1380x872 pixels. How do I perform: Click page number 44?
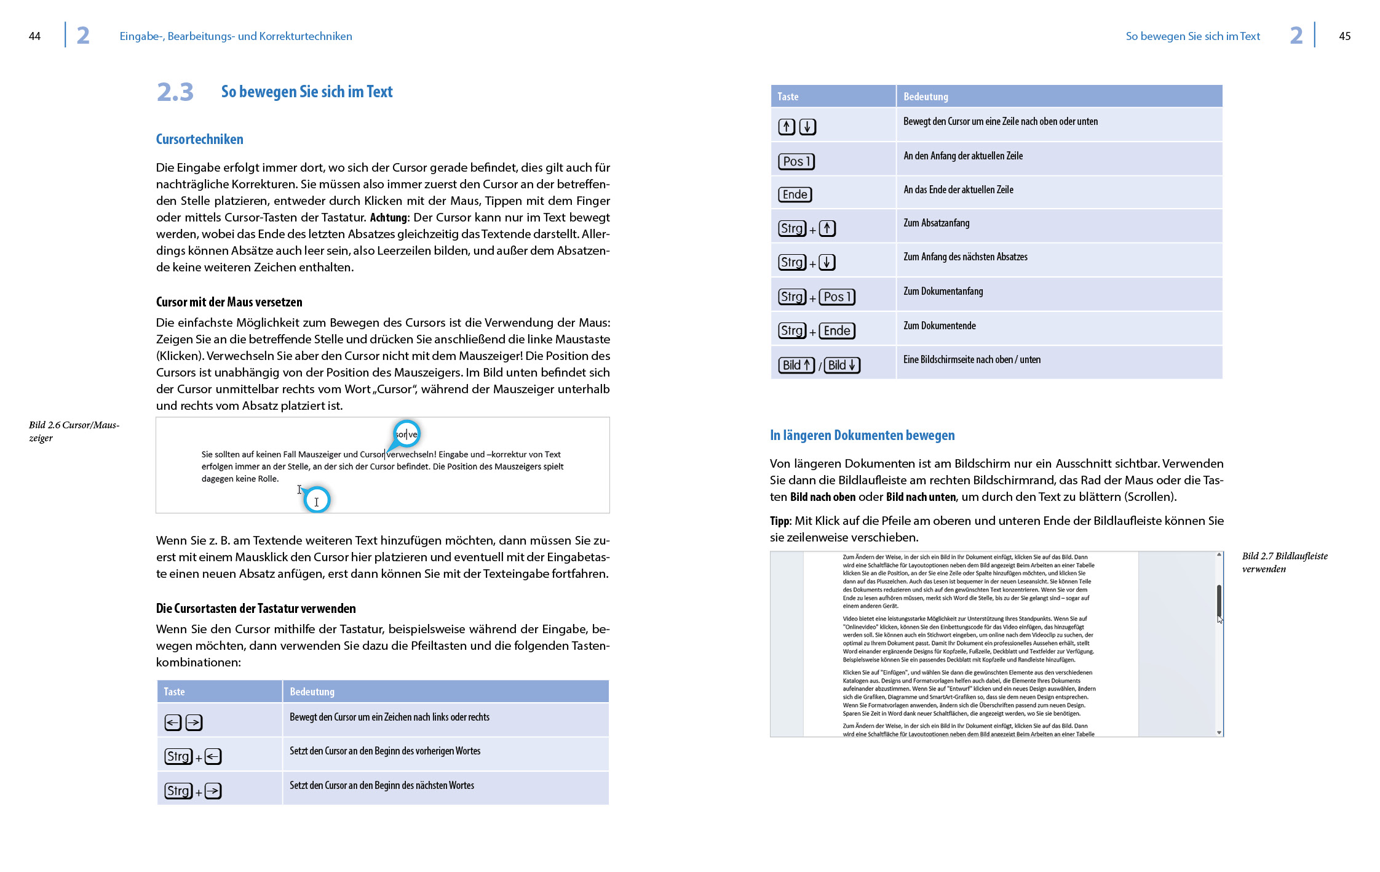point(34,36)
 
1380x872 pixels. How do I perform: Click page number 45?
point(1344,36)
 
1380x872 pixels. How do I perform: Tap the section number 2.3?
point(175,92)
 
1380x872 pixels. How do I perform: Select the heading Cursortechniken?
point(199,139)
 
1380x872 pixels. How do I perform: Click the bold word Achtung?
point(388,218)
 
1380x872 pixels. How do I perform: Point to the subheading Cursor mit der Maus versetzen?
point(229,302)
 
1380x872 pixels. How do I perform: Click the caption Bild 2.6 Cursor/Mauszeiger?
point(74,431)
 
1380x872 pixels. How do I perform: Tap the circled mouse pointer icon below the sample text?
point(317,500)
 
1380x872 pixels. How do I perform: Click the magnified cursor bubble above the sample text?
point(406,434)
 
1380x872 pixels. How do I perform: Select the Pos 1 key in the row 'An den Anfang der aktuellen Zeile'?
point(796,161)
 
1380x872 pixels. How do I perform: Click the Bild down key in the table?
point(842,365)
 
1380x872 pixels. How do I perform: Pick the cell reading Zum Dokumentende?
point(939,326)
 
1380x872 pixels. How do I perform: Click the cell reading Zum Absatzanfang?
point(936,223)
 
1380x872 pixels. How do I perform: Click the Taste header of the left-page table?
point(174,692)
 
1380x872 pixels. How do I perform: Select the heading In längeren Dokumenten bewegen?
point(862,436)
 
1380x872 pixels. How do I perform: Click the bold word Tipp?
point(780,521)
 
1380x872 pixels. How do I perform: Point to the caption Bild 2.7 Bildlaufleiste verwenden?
point(1284,562)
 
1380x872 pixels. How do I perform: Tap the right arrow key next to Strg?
point(213,791)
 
